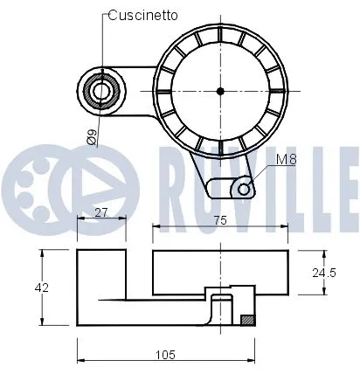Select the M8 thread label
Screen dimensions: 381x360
click(287, 160)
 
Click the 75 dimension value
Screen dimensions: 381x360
click(221, 222)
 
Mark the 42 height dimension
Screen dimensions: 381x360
click(41, 287)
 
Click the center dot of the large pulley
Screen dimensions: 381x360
click(220, 90)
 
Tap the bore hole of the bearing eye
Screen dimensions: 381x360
click(101, 90)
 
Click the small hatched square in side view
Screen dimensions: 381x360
click(247, 320)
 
